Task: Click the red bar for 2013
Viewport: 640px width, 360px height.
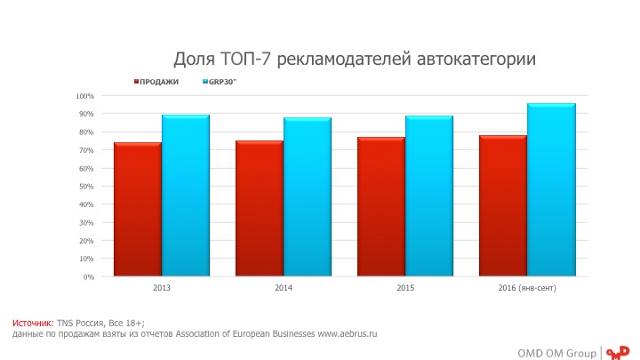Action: coord(138,209)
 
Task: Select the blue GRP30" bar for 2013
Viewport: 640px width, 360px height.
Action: coord(186,196)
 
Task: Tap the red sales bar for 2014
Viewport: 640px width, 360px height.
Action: coord(260,208)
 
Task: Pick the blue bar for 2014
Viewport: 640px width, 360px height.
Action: coord(308,196)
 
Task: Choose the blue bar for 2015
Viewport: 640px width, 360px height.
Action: coord(429,196)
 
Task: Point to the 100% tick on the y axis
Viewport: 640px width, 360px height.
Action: coord(84,96)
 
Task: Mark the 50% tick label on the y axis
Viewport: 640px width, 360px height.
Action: coord(86,187)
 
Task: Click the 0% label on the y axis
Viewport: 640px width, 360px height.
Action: coord(88,276)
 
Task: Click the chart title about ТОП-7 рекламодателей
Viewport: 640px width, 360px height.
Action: coord(354,60)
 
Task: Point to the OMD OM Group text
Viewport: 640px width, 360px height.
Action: coord(557,352)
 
